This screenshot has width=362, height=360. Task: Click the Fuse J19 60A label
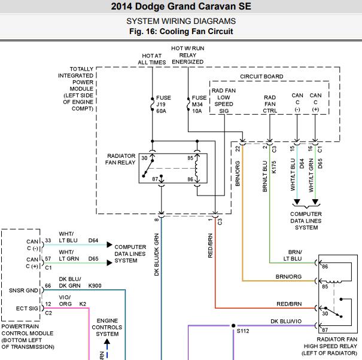click(163, 104)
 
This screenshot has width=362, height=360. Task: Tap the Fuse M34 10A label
click(199, 104)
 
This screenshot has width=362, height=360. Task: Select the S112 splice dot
click(233, 326)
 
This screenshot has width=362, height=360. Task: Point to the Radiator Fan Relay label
click(120, 159)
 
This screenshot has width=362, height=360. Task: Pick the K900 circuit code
click(95, 286)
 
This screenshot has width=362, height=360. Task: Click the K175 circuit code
click(274, 167)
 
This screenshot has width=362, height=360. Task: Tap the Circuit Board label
click(261, 77)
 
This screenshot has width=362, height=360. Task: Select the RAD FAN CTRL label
click(270, 104)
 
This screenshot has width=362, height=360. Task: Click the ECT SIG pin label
click(27, 309)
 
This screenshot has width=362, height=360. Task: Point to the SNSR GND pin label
click(23, 291)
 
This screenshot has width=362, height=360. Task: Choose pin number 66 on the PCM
click(48, 286)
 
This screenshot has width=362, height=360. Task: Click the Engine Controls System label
click(107, 327)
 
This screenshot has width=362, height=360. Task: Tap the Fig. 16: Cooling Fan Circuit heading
click(181, 31)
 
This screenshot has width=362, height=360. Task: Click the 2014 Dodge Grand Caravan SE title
click(181, 6)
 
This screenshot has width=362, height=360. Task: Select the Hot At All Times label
click(152, 59)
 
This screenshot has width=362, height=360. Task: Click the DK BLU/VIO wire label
click(286, 321)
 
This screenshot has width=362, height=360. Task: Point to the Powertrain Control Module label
click(28, 337)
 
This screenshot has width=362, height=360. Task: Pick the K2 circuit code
click(83, 304)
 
